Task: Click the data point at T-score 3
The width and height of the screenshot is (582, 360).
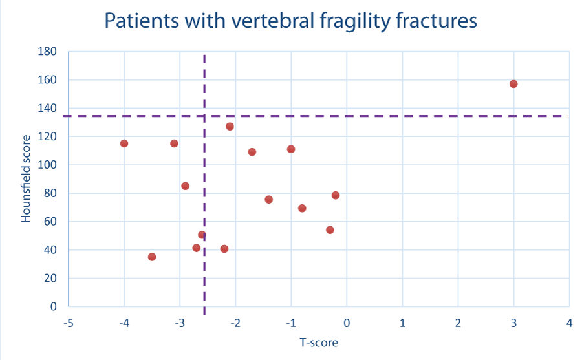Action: pos(513,84)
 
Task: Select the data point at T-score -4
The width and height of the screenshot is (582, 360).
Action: pos(124,143)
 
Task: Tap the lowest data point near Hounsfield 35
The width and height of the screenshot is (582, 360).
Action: pos(152,257)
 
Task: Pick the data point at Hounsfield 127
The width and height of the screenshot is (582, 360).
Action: pos(230,127)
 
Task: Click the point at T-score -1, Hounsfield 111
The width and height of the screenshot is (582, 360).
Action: pos(291,149)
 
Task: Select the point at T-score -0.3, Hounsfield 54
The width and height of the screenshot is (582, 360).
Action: pos(330,230)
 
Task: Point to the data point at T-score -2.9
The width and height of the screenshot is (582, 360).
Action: pos(185,186)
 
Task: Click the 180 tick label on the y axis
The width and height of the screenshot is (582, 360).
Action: pos(47,51)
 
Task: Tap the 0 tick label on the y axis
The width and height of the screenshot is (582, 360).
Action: pos(54,306)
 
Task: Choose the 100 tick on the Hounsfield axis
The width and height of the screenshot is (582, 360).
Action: pos(47,165)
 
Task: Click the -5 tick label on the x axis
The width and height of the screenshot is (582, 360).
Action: pos(69,323)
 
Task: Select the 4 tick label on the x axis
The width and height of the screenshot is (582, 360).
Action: pos(569,323)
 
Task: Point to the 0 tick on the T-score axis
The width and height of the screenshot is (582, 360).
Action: pos(347,323)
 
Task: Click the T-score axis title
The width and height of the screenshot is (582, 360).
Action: pos(319,342)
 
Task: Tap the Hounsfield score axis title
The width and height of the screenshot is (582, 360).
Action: pos(26,179)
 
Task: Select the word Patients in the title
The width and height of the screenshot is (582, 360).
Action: pos(142,21)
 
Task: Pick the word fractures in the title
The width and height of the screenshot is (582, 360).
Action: pos(436,21)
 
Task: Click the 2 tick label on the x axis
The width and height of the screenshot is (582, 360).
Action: pos(458,323)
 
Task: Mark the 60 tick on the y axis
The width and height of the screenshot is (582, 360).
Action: pos(50,222)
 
